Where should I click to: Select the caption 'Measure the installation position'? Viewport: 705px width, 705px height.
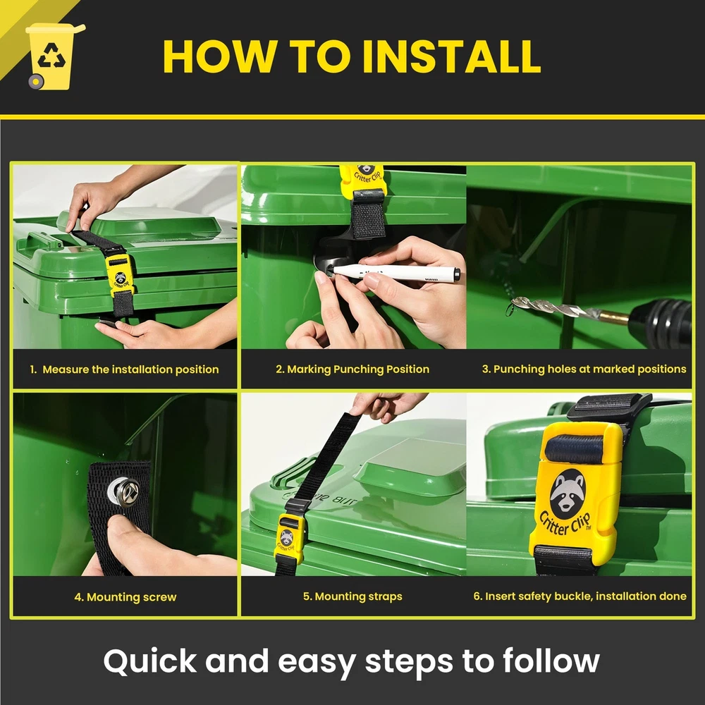point(130,369)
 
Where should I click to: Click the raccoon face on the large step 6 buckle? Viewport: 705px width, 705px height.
point(568,493)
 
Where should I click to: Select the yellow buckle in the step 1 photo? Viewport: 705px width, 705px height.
point(121,276)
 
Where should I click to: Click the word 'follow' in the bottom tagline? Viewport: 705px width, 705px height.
point(551,661)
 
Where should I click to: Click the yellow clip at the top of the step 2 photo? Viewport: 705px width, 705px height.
point(362,180)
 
